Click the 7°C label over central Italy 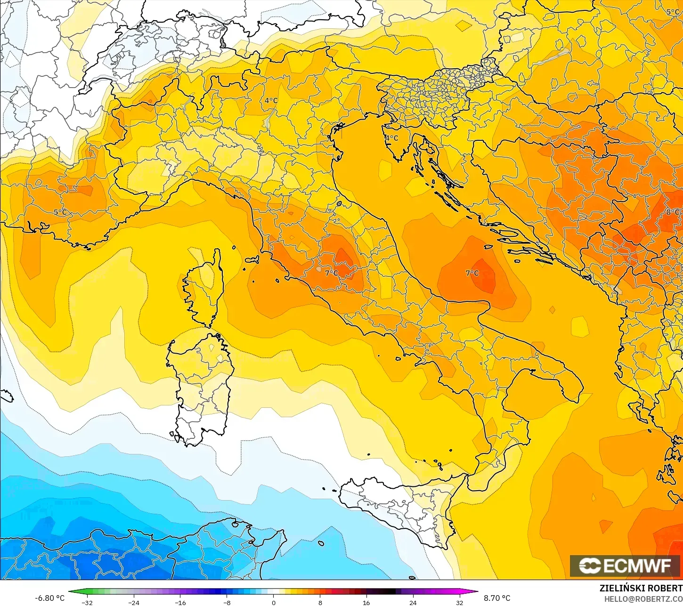(331, 273)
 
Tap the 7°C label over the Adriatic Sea (472, 273)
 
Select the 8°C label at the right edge (673, 212)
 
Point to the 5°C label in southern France (60, 212)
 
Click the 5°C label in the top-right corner (673, 12)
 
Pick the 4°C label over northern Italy (271, 100)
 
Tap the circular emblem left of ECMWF (589, 566)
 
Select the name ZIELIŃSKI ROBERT (641, 588)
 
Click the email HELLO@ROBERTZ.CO (643, 599)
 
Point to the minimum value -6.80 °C (49, 598)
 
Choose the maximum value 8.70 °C (496, 598)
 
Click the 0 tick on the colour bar (273, 603)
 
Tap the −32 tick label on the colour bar (87, 603)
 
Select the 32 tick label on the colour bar (459, 603)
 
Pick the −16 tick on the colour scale (180, 603)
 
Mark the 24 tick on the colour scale (413, 603)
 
